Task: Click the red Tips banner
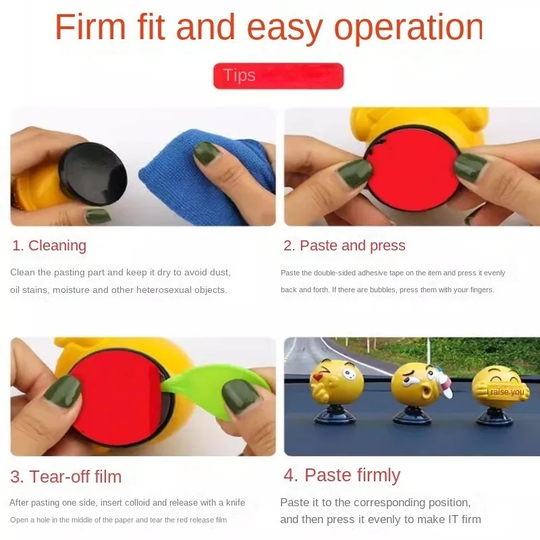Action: (x=278, y=76)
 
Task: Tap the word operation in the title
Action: (x=409, y=28)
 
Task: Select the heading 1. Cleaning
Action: (x=49, y=246)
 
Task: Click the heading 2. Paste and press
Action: (x=344, y=246)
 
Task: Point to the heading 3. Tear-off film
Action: (x=65, y=477)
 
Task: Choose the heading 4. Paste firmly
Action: (x=342, y=475)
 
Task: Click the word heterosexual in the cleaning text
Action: (x=157, y=290)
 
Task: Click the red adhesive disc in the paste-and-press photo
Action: (x=412, y=169)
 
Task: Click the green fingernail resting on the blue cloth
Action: (x=207, y=153)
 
